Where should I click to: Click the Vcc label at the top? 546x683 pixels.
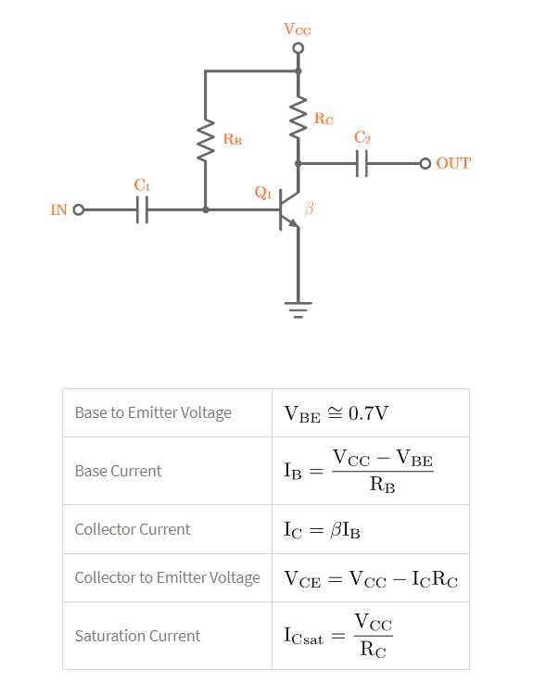[x=298, y=30]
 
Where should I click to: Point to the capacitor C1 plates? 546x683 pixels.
[x=141, y=209]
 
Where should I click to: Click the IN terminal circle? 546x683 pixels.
[x=78, y=209]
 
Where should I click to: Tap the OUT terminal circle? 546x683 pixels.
[x=425, y=164]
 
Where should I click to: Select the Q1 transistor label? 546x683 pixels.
[x=262, y=193]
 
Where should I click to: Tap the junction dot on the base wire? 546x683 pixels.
[x=205, y=209]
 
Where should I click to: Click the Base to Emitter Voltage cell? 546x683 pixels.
[x=153, y=412]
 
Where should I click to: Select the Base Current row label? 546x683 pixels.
[x=118, y=471]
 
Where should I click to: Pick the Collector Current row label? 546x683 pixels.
[x=133, y=529]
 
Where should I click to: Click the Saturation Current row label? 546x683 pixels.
[x=137, y=636]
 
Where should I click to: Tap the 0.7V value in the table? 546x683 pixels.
[x=369, y=413]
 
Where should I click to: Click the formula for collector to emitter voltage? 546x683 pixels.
[x=371, y=579]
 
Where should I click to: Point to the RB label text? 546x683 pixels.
[x=232, y=139]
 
